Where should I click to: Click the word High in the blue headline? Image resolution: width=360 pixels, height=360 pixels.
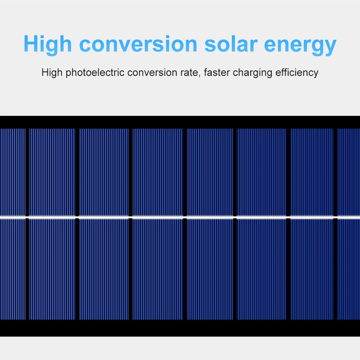48,44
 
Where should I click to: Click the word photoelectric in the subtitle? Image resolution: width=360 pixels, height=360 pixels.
95,73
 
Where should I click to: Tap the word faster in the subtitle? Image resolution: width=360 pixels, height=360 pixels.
217,73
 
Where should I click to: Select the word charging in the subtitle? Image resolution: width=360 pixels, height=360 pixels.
252,73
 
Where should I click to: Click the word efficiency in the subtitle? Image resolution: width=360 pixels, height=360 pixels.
297,73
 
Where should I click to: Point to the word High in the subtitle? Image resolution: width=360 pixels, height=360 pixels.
52,73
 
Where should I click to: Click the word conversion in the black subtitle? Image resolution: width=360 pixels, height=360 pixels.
152,73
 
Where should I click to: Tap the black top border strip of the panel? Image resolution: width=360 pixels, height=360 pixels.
180,122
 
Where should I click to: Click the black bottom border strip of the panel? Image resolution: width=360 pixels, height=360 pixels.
180,328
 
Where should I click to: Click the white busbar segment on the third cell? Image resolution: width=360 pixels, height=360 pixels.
104,217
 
